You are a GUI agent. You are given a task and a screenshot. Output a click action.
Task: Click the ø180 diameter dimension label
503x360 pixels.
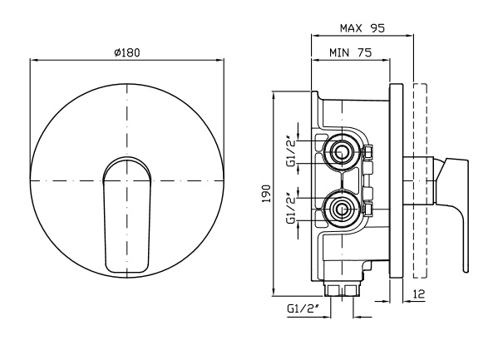[127, 52]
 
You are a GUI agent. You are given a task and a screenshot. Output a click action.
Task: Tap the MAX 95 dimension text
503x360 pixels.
[362, 28]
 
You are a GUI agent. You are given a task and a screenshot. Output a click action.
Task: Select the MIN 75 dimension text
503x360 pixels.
[350, 52]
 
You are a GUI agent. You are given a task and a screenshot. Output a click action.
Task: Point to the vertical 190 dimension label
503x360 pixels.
[267, 194]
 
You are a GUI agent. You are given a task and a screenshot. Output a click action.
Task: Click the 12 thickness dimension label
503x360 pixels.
[419, 293]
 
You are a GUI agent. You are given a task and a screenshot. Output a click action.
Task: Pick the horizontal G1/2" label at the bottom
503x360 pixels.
[303, 309]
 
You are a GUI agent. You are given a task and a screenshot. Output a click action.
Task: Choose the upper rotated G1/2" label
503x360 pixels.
[292, 152]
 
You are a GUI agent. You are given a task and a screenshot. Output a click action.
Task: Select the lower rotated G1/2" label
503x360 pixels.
[292, 208]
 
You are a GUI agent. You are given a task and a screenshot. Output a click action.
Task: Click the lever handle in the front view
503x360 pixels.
[126, 215]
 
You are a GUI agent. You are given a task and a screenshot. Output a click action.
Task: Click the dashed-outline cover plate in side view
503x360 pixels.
[420, 181]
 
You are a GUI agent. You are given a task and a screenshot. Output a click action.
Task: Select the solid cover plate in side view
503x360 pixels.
[397, 181]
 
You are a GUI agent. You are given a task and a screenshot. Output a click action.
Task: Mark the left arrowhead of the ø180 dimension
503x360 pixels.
[33, 60]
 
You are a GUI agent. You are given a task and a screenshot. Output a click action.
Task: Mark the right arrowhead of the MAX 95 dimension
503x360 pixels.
[410, 36]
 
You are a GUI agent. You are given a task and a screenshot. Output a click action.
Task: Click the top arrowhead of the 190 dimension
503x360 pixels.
[273, 95]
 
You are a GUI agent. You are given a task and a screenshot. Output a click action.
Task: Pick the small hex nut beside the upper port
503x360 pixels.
[367, 152]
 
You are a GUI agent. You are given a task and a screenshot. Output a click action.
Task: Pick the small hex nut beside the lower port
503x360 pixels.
[367, 210]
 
